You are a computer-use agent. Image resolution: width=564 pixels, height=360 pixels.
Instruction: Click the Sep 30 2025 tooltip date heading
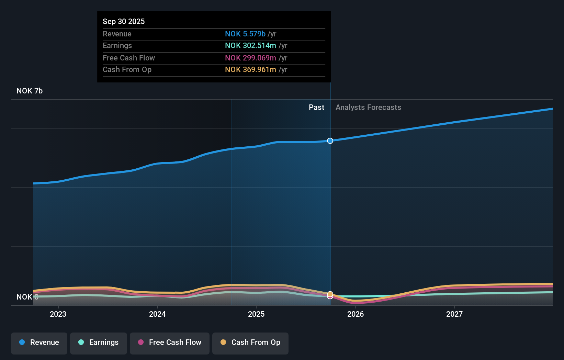click(x=124, y=21)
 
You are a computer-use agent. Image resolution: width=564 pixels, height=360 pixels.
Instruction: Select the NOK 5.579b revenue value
click(x=245, y=34)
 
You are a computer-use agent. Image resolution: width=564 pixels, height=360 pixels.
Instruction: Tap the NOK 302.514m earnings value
click(x=250, y=45)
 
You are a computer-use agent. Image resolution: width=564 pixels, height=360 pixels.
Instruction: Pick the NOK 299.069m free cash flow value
click(x=250, y=58)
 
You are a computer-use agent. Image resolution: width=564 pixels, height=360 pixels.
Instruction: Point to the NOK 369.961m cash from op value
click(x=250, y=69)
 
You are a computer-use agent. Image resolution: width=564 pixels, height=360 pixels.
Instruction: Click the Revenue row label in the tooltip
click(x=117, y=34)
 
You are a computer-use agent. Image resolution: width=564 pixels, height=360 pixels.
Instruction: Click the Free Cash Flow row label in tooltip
click(x=129, y=58)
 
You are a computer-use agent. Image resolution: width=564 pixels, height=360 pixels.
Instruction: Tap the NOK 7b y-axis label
click(x=30, y=91)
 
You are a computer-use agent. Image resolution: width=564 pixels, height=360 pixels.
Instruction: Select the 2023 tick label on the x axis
click(x=58, y=314)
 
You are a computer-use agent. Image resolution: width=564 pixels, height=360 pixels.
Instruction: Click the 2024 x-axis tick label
click(x=157, y=314)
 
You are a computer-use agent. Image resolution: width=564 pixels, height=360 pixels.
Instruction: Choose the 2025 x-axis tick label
click(x=256, y=314)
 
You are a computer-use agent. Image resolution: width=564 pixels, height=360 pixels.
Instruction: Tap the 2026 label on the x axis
click(x=356, y=314)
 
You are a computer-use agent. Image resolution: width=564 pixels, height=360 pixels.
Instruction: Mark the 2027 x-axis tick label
click(x=454, y=314)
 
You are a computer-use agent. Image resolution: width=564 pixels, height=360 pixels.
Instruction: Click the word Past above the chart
click(x=316, y=107)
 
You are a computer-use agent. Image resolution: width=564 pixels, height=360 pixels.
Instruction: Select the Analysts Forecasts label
click(x=368, y=107)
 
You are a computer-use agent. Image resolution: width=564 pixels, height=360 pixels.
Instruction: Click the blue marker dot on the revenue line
click(x=330, y=141)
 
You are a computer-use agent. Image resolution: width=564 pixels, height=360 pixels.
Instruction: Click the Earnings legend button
click(x=99, y=342)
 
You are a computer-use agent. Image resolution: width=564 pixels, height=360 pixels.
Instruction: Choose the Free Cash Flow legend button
click(x=170, y=342)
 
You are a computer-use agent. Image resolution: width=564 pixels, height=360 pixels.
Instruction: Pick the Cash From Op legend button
click(x=250, y=342)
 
